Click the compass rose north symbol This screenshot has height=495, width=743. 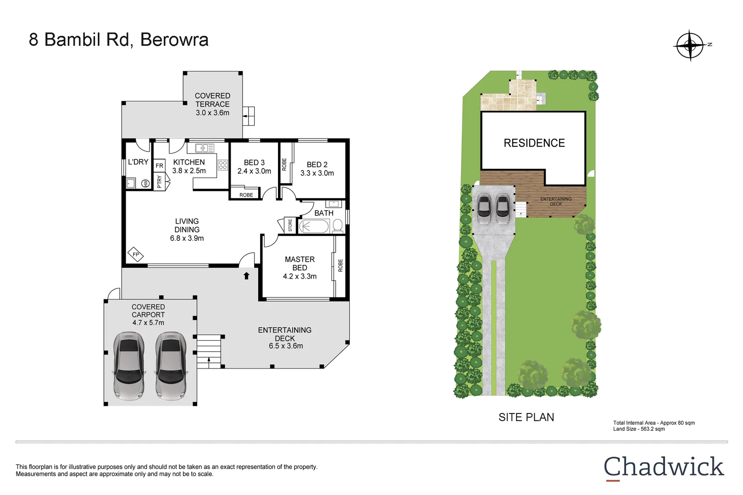[x=690, y=45]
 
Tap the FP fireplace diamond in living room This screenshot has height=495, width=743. [x=135, y=254]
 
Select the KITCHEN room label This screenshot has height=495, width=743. [x=189, y=162]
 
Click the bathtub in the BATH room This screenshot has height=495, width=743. [x=314, y=226]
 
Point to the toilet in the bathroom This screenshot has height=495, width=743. [x=338, y=225]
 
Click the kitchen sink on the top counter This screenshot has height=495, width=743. [x=205, y=148]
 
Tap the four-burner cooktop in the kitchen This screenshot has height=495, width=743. [x=223, y=165]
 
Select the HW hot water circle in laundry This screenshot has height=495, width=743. [x=145, y=183]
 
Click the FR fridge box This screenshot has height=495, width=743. [x=159, y=165]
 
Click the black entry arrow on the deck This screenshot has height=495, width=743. [x=246, y=275]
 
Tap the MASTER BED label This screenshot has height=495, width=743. [x=299, y=264]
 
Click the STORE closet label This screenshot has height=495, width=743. [x=290, y=225]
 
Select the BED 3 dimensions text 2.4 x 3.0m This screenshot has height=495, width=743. [x=254, y=171]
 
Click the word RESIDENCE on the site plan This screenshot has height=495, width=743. [x=534, y=143]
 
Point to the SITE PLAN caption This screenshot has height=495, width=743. [x=526, y=417]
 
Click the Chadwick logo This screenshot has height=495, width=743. [x=663, y=467]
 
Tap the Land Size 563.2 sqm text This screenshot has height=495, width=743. [x=639, y=429]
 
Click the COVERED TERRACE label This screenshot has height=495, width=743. [x=212, y=100]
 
